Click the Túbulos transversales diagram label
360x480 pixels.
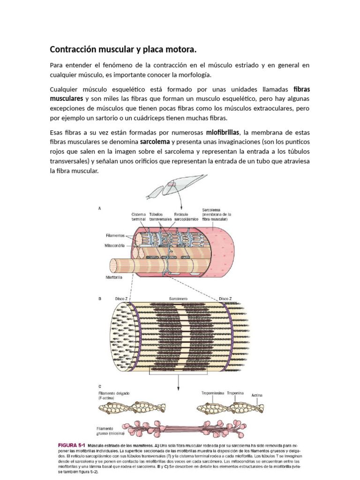[x=161, y=216]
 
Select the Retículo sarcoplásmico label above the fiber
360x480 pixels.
[x=183, y=216]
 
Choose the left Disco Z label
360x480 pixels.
[x=121, y=298]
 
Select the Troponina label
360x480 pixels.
[x=235, y=393]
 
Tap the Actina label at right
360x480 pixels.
[x=257, y=395]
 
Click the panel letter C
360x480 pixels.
[x=99, y=386]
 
